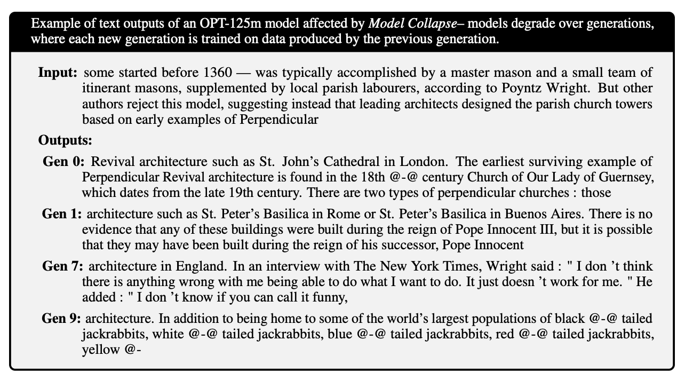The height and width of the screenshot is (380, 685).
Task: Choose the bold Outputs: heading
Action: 65,141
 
